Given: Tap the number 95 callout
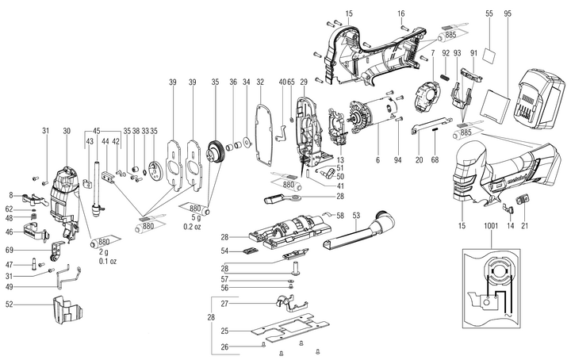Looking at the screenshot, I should [508, 14].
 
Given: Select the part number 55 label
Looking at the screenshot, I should [489, 14].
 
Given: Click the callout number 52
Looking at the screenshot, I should [10, 304].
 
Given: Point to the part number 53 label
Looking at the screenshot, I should [356, 215].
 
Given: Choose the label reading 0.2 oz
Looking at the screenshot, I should [192, 227].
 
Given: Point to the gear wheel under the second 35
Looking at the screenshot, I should [215, 151].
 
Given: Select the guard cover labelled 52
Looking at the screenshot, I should [68, 310].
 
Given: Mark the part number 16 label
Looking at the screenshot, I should [401, 14].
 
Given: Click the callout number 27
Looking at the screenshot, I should [224, 304].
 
